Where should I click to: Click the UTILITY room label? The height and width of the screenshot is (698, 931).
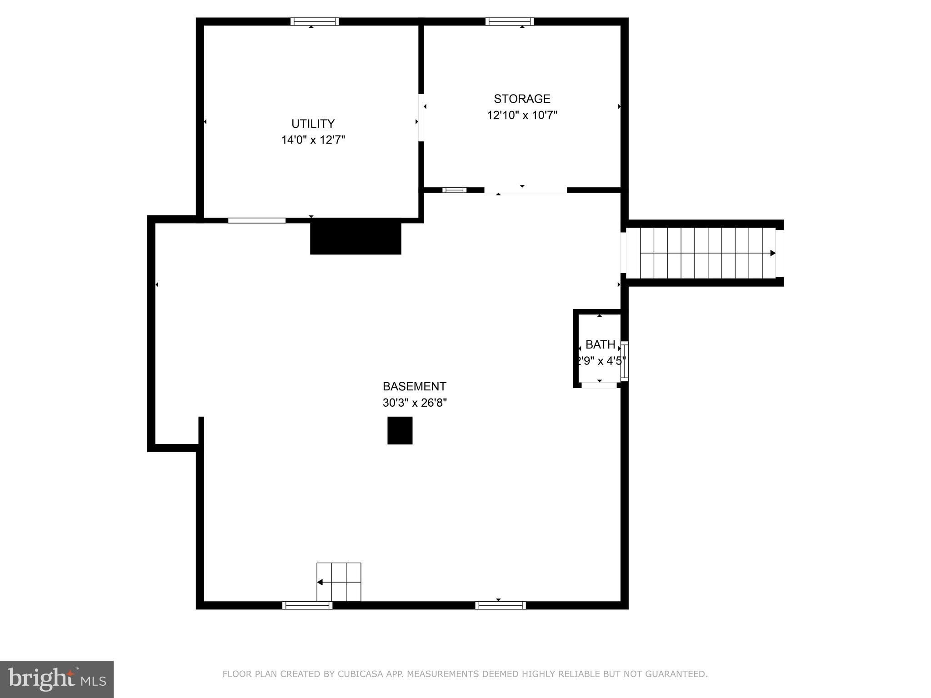(313, 124)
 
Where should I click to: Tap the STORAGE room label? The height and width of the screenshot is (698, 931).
(522, 99)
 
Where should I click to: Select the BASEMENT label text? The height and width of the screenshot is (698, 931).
(414, 386)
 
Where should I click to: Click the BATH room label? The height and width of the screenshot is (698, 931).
(600, 344)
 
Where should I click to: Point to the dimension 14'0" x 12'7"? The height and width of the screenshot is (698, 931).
(313, 140)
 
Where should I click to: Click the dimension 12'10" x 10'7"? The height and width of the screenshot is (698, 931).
(522, 115)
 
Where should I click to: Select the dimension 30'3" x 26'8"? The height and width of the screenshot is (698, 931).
(415, 403)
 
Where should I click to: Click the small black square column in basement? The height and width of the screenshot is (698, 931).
(400, 430)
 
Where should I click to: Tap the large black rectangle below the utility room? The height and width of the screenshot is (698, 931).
(355, 237)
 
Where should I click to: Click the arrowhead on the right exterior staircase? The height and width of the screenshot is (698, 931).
(772, 253)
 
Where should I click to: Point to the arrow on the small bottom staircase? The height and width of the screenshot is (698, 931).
(320, 582)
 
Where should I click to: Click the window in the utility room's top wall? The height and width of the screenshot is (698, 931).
(315, 21)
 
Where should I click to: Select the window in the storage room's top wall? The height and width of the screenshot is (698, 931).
(509, 21)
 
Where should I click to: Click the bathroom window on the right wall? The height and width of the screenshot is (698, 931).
(625, 361)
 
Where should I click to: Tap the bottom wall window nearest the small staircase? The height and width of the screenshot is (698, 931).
(307, 605)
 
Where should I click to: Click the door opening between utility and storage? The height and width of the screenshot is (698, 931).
(421, 117)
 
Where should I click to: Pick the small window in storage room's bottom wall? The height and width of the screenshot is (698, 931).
(454, 190)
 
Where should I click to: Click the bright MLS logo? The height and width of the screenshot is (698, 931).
(56, 679)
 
